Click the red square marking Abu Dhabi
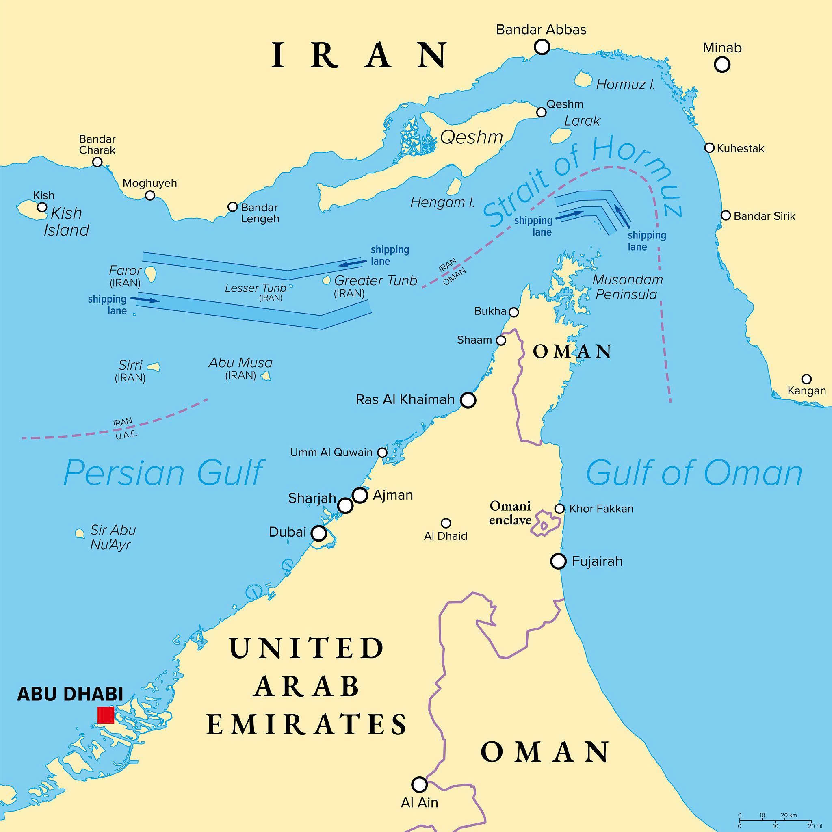pyautogui.click(x=106, y=715)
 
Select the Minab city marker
pyautogui.click(x=722, y=65)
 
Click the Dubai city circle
pyautogui.click(x=318, y=533)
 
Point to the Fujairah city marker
pyautogui.click(x=559, y=561)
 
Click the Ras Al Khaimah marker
pyautogui.click(x=468, y=400)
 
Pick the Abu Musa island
pyautogui.click(x=265, y=376)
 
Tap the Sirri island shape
pyautogui.click(x=153, y=367)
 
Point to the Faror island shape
pyautogui.click(x=150, y=273)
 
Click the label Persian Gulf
pyautogui.click(x=164, y=473)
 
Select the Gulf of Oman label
pyautogui.click(x=694, y=473)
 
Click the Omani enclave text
pyautogui.click(x=510, y=513)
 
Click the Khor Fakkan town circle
pyautogui.click(x=559, y=509)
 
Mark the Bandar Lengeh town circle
pyautogui.click(x=232, y=207)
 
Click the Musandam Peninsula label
pyautogui.click(x=627, y=287)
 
